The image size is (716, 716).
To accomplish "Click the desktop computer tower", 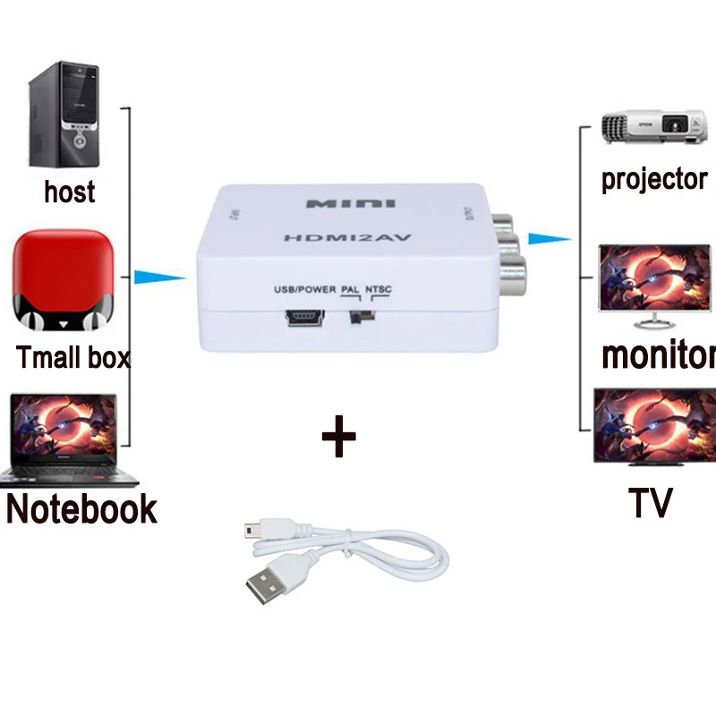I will tap(64, 117).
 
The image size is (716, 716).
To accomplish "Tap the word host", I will tap(69, 192).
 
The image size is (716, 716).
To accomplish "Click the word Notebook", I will tap(81, 508).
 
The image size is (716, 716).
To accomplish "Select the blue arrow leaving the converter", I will tap(549, 238).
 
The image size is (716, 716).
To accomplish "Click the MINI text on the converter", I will tap(351, 203).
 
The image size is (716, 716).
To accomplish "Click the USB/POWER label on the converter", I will tap(305, 290).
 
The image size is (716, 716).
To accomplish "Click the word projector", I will tap(654, 179).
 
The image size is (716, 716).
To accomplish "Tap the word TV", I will tap(650, 503).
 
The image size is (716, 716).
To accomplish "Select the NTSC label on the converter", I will tap(379, 290).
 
